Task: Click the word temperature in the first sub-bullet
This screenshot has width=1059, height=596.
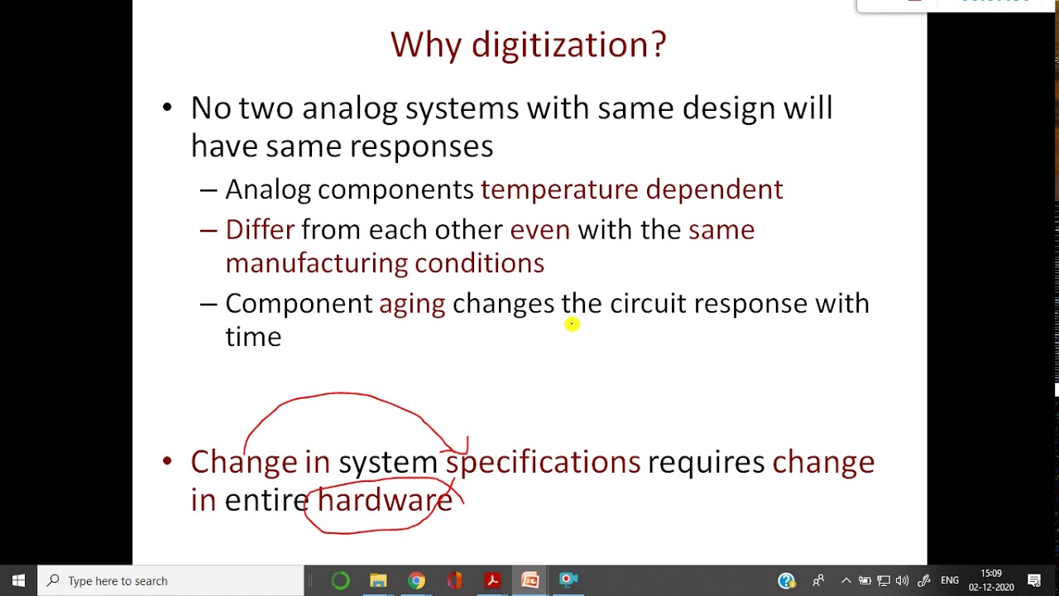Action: pos(559,190)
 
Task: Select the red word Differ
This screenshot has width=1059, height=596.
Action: pos(259,229)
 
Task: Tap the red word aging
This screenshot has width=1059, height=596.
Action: pos(411,304)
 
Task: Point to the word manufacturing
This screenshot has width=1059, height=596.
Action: pos(316,263)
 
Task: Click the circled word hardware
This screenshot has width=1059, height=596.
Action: pos(384,500)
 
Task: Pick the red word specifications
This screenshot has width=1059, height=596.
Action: pos(543,462)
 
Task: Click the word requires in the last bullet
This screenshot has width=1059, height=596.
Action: pos(706,462)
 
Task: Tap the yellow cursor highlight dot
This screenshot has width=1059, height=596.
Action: pos(572,324)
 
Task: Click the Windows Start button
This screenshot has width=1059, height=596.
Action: pos(18,580)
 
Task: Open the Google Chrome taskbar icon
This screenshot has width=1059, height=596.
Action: pos(416,580)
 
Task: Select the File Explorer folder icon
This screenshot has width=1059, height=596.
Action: pos(378,580)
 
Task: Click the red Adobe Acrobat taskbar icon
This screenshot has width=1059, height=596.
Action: pos(492,580)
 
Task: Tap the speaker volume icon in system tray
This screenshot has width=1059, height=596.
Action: pos(903,580)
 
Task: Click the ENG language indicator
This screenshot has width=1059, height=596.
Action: pos(949,580)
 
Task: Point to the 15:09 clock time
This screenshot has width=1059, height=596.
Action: pos(990,574)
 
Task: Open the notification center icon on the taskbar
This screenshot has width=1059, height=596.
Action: pos(1034,580)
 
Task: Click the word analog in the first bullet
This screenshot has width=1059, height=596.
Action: pos(349,108)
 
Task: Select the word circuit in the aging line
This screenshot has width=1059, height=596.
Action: pos(648,304)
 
